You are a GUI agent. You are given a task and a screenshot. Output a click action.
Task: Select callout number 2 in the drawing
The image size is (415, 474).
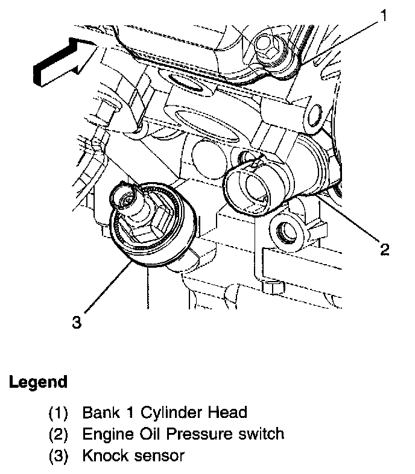pos(384,248)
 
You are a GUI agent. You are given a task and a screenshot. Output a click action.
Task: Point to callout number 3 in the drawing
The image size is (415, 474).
pos(76,323)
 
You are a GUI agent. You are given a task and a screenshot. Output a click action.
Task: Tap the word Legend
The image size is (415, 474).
pos(37,382)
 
